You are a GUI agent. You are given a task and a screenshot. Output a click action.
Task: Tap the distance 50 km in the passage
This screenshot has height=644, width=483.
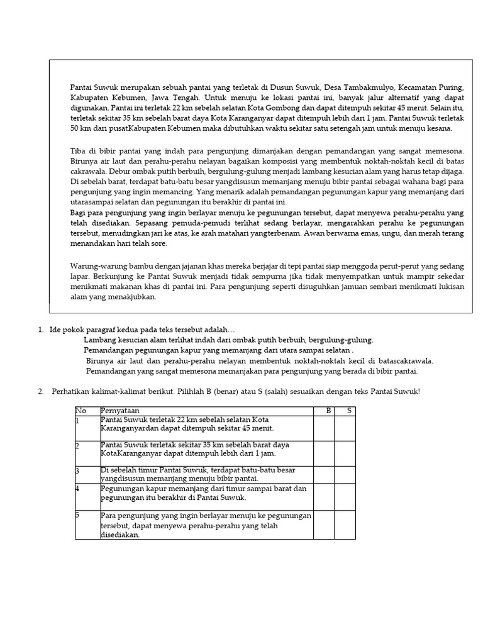[79, 128]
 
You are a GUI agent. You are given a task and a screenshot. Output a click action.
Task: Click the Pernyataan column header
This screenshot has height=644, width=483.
[121, 411]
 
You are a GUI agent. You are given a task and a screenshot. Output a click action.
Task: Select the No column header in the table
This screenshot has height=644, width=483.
[80, 411]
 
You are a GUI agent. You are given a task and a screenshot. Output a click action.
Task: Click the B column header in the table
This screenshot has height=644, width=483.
[327, 411]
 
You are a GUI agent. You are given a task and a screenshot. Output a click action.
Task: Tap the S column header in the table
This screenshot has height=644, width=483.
[348, 411]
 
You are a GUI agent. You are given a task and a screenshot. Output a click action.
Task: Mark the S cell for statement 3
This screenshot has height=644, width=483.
[345, 474]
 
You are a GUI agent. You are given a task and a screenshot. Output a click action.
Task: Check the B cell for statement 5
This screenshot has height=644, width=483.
[324, 525]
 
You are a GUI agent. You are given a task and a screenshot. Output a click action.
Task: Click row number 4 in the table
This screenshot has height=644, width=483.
[78, 488]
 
